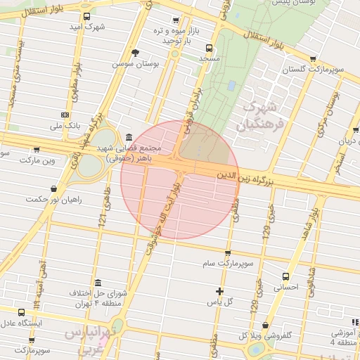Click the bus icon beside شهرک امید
[x=86, y=16]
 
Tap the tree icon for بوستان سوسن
[x=135, y=53]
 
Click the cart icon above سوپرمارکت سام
[x=228, y=252]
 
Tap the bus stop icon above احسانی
[x=285, y=276]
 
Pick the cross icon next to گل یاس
[x=220, y=291]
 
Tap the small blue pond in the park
[x=231, y=85]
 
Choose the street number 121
[x=103, y=219]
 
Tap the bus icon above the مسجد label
[x=208, y=49]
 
